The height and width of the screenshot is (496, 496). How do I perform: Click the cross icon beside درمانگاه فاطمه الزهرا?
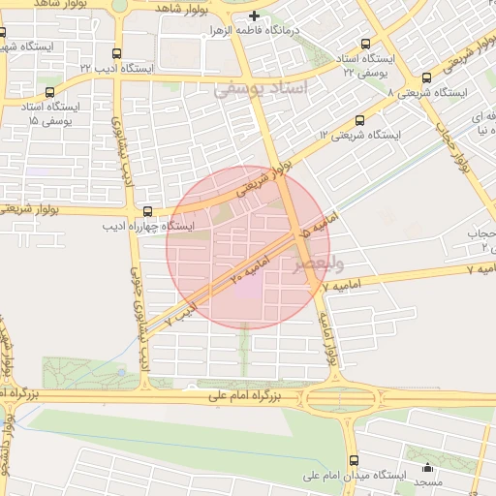tap(254, 15)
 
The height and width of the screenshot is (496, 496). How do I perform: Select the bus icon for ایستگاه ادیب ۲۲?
tap(117, 54)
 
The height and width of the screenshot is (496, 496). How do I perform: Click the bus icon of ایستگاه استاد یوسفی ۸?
tap(365, 44)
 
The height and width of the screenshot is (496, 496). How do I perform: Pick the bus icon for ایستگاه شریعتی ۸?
tap(427, 77)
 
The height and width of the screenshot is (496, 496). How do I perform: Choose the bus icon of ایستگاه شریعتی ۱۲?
tap(360, 121)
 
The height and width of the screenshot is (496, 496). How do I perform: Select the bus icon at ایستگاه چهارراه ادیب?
tap(147, 210)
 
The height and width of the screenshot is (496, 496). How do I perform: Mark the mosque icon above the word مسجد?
tap(427, 467)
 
